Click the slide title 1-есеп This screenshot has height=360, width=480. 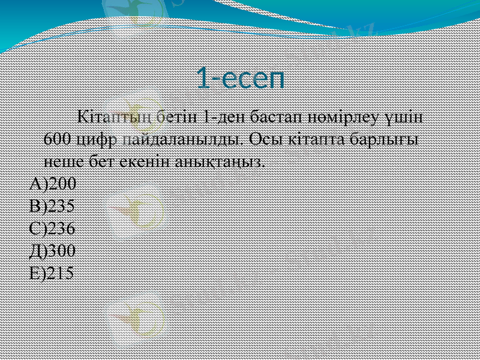[240, 79]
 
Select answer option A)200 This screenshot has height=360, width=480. [52, 183]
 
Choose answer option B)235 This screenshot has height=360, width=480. [52, 206]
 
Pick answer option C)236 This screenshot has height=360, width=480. [52, 228]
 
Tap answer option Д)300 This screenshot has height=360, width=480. [52, 250]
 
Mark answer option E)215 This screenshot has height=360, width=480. [52, 273]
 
